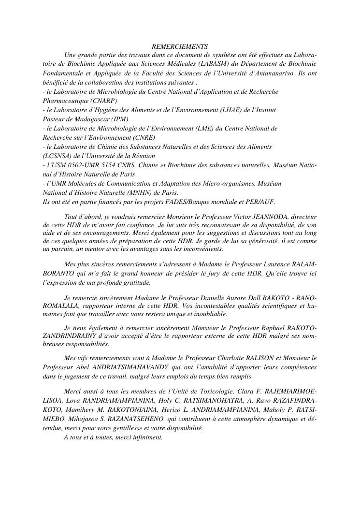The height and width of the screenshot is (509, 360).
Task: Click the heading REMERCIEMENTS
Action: point(180,47)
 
